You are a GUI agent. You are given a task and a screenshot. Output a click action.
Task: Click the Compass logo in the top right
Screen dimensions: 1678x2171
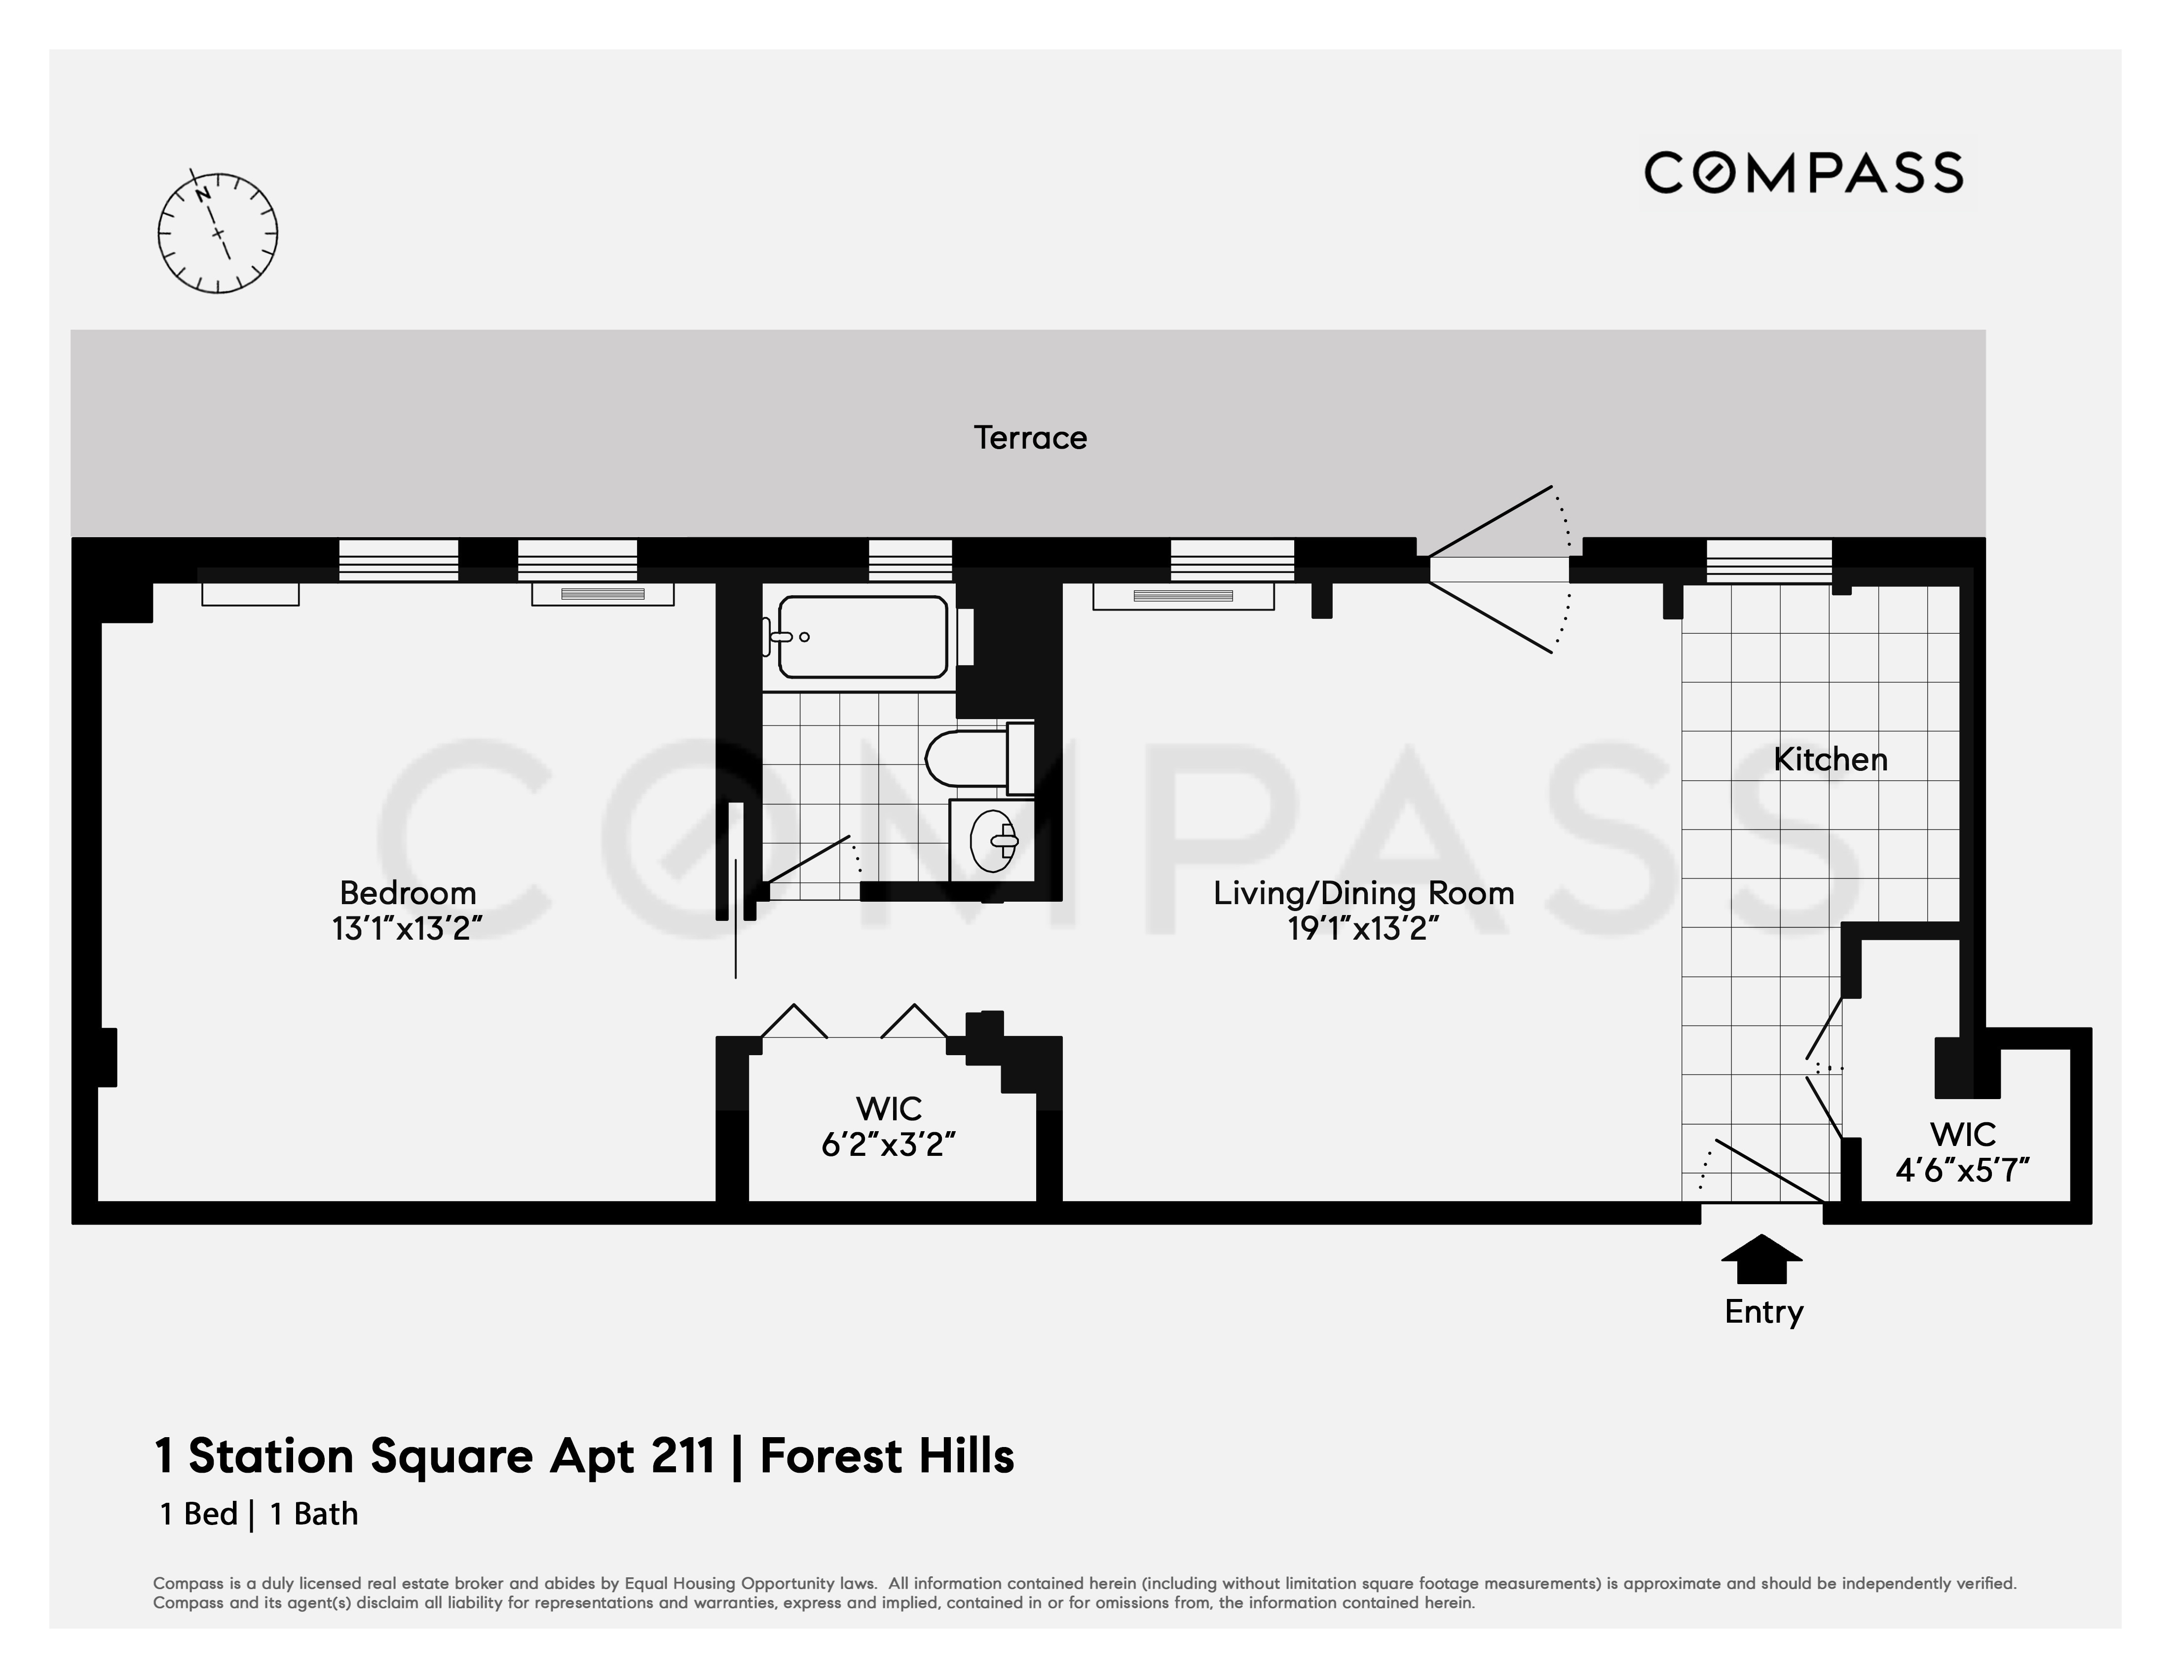pos(1802,173)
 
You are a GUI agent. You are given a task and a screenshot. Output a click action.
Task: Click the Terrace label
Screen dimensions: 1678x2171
pos(1030,437)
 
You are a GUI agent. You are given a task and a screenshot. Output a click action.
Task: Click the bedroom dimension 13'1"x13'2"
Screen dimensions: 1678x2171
pos(408,928)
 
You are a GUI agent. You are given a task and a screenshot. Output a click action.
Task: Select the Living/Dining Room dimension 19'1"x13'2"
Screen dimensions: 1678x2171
pos(1363,928)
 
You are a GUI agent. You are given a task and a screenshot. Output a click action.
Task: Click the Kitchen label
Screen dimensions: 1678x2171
pos(1830,760)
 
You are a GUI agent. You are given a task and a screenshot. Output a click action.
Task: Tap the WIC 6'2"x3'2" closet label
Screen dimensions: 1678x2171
pos(889,1126)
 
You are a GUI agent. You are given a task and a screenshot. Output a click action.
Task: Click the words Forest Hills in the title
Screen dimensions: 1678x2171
pos(887,1456)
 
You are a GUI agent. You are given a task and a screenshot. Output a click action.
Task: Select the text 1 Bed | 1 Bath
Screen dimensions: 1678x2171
pos(259,1514)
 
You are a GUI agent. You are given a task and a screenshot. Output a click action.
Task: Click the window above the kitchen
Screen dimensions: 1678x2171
pos(1768,561)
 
